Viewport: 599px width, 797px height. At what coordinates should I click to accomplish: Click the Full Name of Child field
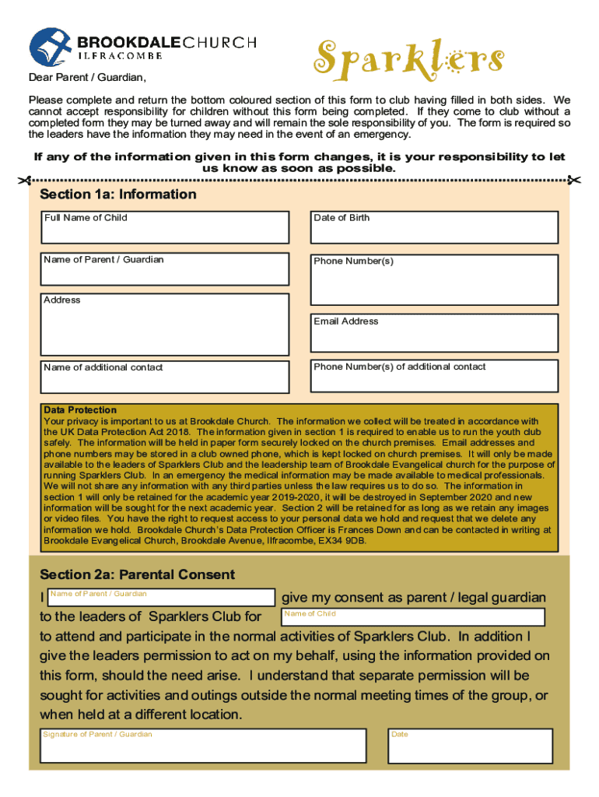click(x=166, y=227)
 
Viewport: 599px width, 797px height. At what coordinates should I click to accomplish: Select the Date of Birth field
click(x=433, y=227)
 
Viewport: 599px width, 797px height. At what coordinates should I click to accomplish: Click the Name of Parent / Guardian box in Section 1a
click(x=166, y=269)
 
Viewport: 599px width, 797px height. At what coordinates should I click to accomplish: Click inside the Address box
click(x=166, y=325)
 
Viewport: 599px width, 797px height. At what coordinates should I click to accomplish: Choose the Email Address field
click(x=433, y=333)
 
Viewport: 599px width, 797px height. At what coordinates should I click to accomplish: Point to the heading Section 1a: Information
click(x=118, y=195)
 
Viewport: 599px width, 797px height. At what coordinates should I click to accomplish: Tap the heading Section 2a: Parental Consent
click(x=137, y=575)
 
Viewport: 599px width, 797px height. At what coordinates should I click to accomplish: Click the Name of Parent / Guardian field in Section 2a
click(x=161, y=598)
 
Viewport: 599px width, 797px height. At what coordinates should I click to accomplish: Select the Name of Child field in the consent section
click(x=412, y=618)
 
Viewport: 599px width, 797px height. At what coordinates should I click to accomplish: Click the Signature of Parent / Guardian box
click(x=203, y=746)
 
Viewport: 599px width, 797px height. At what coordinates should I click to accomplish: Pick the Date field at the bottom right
click(x=472, y=746)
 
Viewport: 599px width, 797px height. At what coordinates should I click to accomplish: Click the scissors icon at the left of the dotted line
click(x=27, y=181)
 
